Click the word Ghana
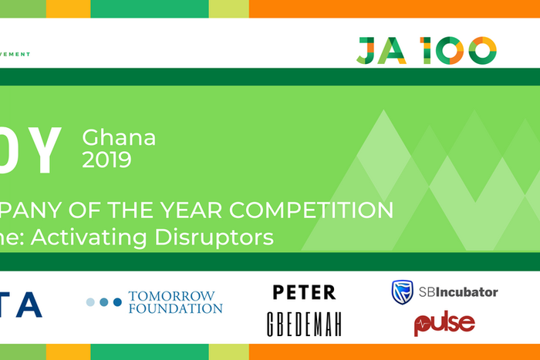(x=119, y=138)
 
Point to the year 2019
(x=106, y=160)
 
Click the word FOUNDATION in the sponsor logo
(x=175, y=308)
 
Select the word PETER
(x=304, y=292)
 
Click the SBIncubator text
(x=457, y=292)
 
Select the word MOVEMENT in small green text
(x=15, y=54)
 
